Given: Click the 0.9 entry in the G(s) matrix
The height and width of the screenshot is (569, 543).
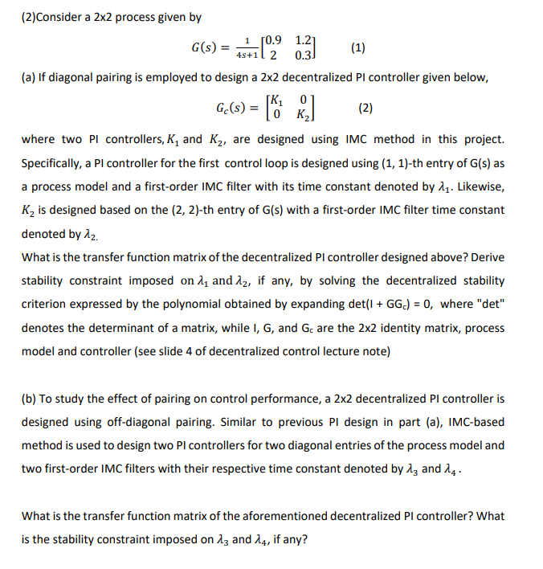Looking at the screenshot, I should [274, 39].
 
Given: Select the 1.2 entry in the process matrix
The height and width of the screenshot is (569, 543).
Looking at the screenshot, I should [305, 39].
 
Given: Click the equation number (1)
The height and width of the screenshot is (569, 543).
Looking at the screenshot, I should [358, 47].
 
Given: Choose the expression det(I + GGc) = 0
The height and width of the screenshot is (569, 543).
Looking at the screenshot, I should [384, 305].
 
